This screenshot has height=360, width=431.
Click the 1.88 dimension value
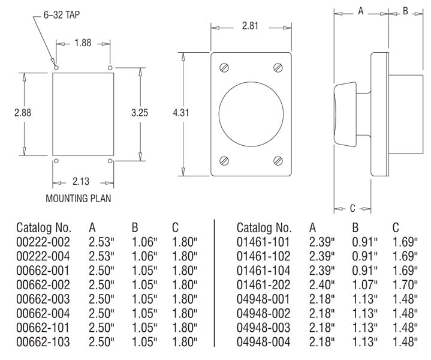click(x=83, y=43)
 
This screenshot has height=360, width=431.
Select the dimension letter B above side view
click(x=405, y=10)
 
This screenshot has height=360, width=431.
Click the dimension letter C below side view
click(x=352, y=208)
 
